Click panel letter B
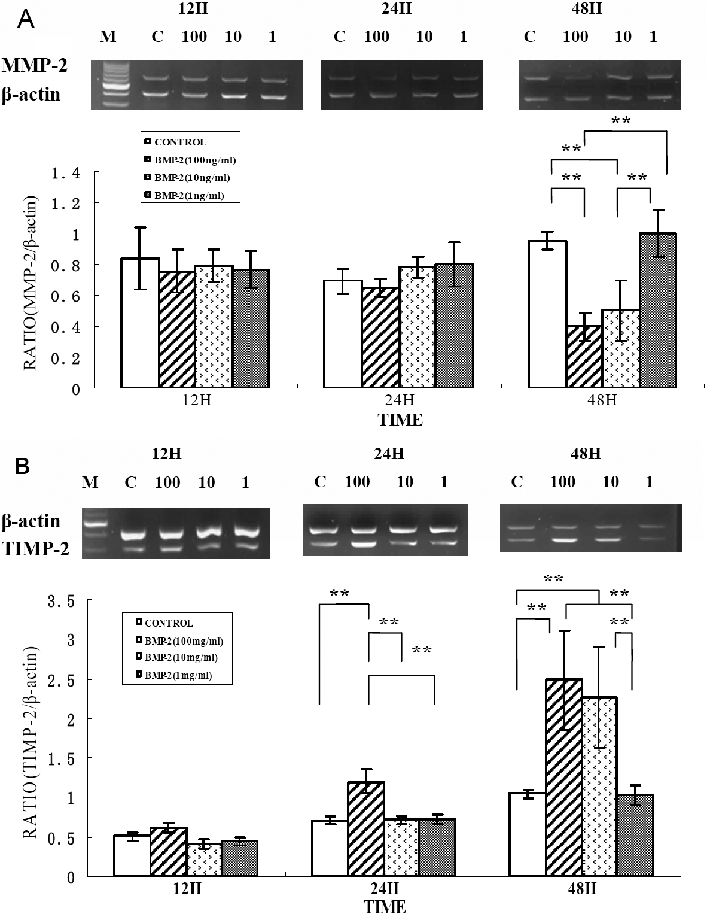click(22, 466)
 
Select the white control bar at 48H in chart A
click(547, 314)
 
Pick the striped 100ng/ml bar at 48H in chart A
click(584, 357)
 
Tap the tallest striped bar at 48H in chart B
click(563, 778)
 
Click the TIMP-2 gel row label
click(36, 548)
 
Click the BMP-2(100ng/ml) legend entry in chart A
click(191, 160)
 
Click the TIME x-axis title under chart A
click(400, 420)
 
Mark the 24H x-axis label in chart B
click(384, 888)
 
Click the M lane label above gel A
click(108, 37)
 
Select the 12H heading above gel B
click(166, 454)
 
